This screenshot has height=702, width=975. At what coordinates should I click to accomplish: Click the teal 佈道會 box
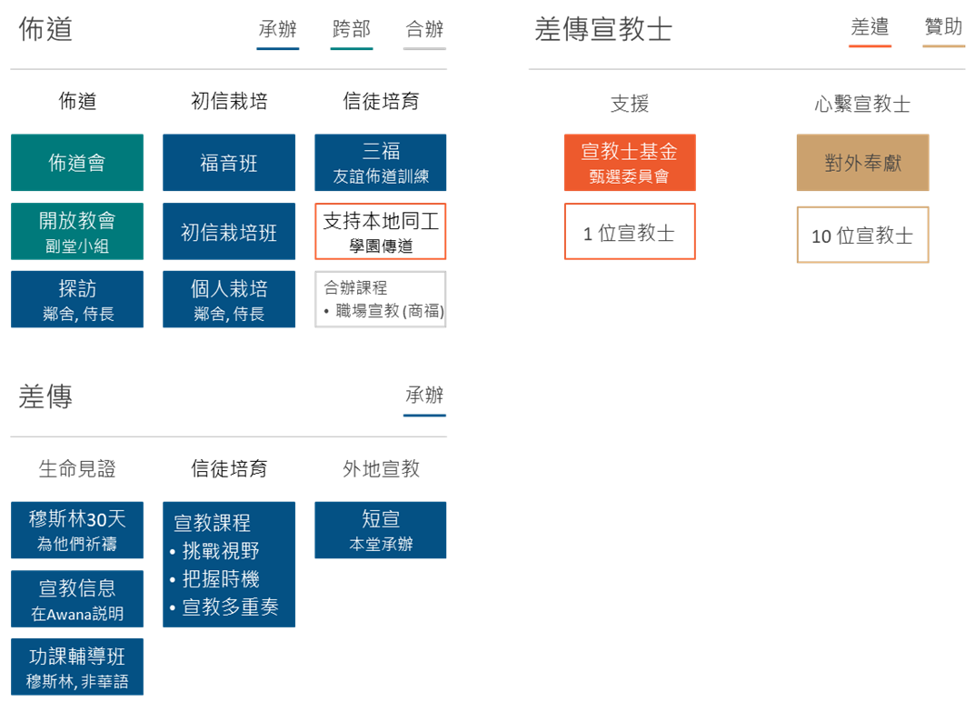pos(77,163)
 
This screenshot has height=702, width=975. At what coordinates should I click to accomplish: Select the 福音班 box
pos(229,163)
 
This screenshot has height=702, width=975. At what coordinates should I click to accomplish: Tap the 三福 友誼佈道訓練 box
pos(381,163)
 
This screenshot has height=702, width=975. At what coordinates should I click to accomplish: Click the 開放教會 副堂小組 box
pos(77,231)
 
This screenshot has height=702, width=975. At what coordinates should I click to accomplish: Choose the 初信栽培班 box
pos(229,231)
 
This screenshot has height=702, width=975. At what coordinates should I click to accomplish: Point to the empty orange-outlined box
pos(381,231)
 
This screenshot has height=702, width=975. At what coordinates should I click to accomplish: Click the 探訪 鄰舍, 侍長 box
pos(77,299)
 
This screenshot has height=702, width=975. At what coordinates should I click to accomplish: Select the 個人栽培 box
pos(229,299)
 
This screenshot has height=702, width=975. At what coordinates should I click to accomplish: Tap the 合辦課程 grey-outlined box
pos(381,299)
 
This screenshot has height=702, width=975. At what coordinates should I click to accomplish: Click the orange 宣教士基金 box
pos(629,163)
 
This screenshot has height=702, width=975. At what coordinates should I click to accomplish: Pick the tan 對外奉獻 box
pos(862,163)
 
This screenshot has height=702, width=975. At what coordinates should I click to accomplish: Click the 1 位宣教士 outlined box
pos(629,232)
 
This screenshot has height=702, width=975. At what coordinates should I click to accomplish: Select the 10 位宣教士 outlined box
pos(862,235)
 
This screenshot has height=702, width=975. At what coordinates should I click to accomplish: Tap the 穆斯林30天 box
pos(77,530)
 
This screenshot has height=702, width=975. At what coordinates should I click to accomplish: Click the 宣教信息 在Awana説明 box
pos(77,598)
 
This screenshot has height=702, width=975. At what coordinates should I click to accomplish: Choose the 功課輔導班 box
pos(77,667)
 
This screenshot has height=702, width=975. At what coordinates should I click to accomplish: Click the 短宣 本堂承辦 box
pos(381,530)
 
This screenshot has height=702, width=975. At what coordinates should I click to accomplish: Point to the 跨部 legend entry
pos(352,30)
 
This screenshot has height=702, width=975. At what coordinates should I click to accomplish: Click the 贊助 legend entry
pos(943,28)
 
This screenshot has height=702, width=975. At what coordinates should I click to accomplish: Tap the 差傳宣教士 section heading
pos(603,30)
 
